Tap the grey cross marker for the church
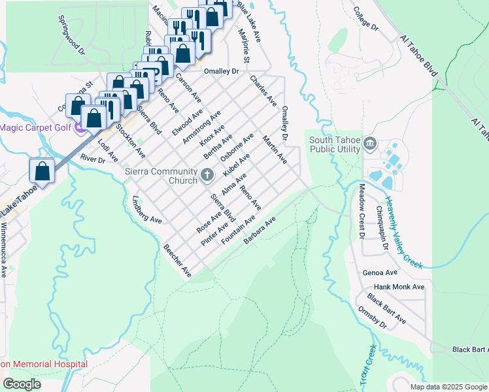208,174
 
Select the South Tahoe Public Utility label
335,144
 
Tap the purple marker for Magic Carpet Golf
80,127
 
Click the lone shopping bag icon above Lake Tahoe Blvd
42,171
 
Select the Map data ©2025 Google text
448,387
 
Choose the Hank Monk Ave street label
399,287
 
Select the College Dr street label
365,19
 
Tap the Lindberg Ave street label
146,210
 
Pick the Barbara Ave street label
260,232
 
